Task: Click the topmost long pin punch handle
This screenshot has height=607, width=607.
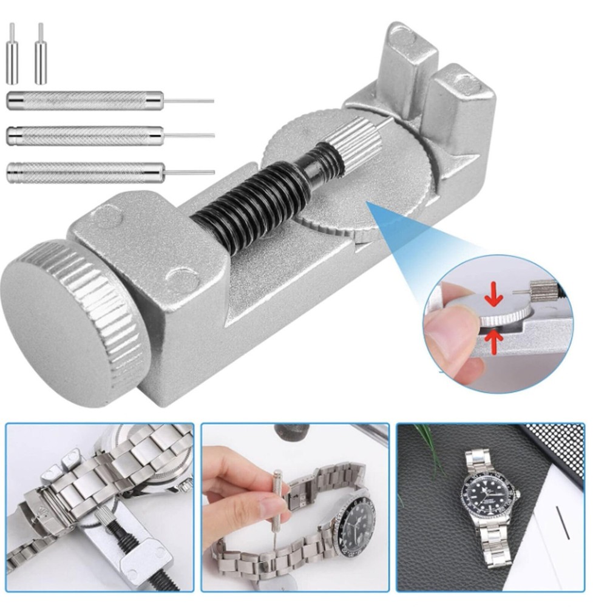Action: (85, 100)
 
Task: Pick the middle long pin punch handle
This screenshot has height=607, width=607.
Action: (85, 135)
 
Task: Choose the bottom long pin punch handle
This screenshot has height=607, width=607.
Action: (85, 172)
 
